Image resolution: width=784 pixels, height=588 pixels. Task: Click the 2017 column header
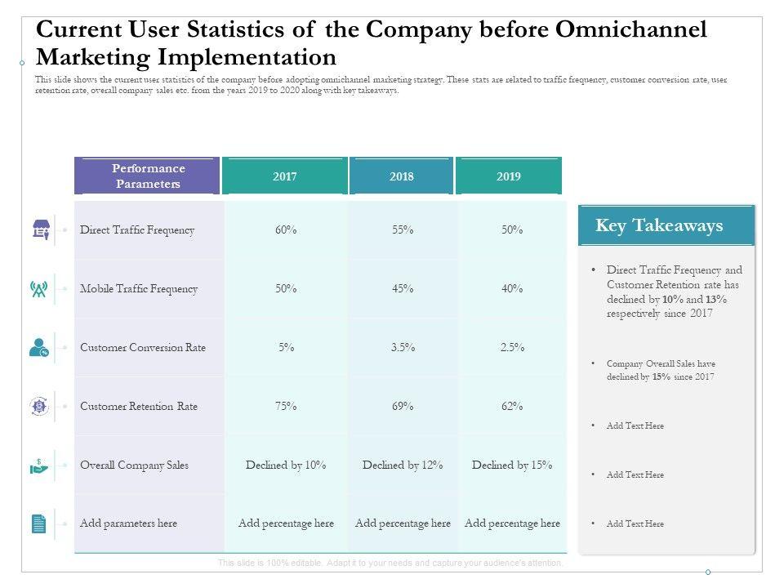pos(285,176)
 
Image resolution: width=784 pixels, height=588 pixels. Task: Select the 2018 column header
pos(401,176)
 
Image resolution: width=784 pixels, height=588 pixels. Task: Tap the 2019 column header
pos(509,176)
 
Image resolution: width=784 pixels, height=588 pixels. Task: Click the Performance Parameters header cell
pos(148,176)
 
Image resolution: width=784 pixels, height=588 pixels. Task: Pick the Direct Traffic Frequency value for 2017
pos(286,230)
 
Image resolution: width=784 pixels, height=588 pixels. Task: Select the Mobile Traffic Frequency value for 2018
pos(403,289)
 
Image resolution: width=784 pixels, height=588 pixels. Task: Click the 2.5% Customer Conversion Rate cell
pos(512,348)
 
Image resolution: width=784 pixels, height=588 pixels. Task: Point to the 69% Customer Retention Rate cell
pos(403,407)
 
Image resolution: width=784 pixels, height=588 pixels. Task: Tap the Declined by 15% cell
pos(512,465)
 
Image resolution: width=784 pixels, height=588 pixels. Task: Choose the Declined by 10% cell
pos(286,465)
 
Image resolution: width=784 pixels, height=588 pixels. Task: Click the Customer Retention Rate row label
pos(139,407)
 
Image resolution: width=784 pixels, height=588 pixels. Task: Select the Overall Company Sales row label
pos(134,465)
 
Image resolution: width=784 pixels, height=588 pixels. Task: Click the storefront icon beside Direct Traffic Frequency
pos(39,230)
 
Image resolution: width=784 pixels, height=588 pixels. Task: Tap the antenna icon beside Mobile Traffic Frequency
pos(39,289)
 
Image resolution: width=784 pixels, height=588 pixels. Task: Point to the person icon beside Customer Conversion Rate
pos(39,348)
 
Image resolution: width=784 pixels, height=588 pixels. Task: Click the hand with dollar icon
pos(39,465)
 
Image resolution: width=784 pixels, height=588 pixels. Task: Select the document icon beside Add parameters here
pos(39,523)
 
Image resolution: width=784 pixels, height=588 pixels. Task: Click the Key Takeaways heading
pos(659,226)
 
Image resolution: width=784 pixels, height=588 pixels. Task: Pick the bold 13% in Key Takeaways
pos(717,300)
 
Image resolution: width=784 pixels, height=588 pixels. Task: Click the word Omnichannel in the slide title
pos(630,30)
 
